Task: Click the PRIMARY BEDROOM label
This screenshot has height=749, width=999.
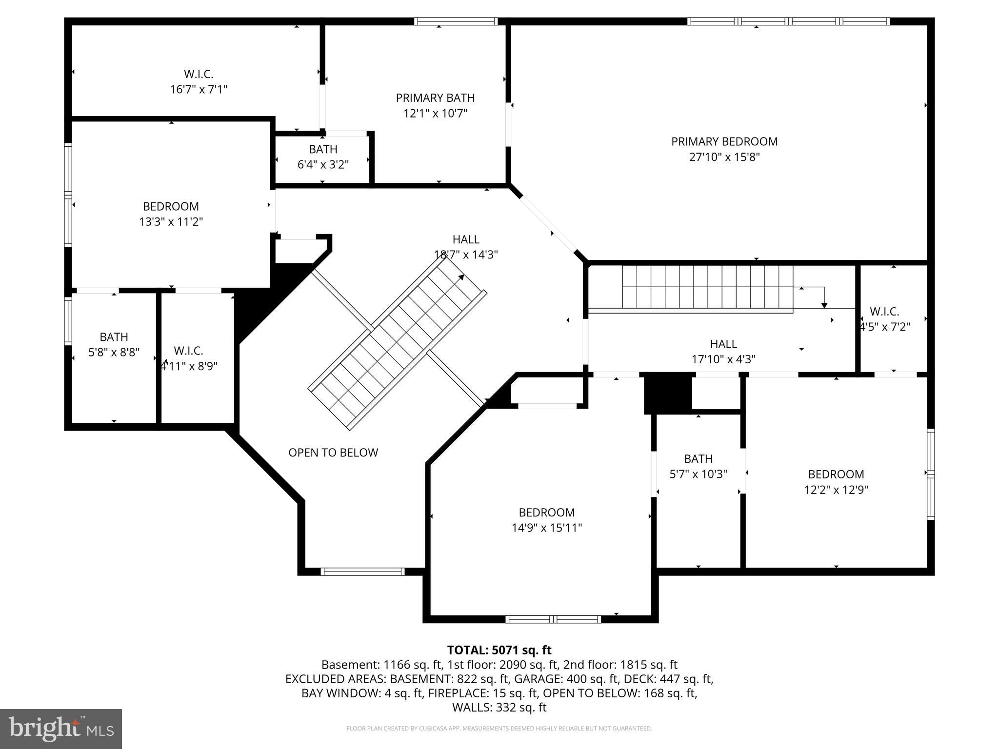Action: click(x=724, y=141)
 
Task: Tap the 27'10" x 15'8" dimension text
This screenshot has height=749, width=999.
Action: click(x=724, y=157)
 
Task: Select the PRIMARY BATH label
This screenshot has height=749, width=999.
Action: click(x=435, y=98)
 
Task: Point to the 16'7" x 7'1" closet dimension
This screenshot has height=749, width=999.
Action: click(x=199, y=89)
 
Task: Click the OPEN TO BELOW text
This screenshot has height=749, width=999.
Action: click(x=333, y=453)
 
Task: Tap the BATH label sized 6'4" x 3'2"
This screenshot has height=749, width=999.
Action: click(x=323, y=149)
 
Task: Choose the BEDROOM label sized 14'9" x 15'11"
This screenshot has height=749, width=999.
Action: click(x=546, y=512)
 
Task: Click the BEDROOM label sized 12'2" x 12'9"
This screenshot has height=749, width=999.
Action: click(x=836, y=474)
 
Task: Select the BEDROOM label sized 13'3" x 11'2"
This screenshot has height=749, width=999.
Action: click(x=171, y=206)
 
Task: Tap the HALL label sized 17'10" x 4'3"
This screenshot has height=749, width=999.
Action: click(x=723, y=344)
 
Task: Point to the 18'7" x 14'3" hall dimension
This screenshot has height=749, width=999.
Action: click(x=466, y=255)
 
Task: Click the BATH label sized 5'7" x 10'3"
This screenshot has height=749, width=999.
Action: click(x=698, y=458)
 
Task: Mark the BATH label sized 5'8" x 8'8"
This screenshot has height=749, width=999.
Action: click(x=114, y=336)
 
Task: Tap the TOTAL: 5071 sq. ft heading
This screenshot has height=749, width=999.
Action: click(x=499, y=650)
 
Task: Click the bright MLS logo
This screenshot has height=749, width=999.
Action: click(x=61, y=729)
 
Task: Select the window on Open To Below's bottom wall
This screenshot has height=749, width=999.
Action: click(x=362, y=572)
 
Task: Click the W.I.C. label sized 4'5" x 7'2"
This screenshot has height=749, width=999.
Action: click(x=884, y=311)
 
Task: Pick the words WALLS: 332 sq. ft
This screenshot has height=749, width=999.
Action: click(x=499, y=708)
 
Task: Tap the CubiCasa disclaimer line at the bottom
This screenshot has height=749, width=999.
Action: click(x=499, y=729)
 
